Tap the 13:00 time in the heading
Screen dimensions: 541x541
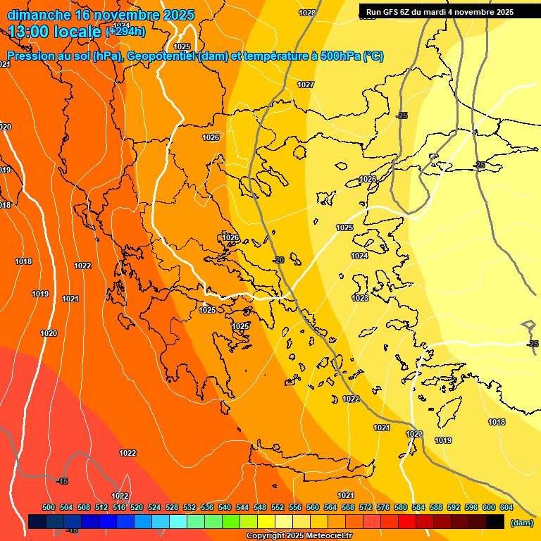[32, 31]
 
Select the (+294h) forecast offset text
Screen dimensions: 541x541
[125, 31]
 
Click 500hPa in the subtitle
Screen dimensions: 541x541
[340, 56]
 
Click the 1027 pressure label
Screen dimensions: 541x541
[306, 85]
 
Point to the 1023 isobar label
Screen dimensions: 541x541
[360, 298]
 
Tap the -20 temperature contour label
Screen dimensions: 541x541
[278, 260]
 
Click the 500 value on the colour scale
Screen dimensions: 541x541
[49, 507]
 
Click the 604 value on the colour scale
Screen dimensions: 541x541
[506, 507]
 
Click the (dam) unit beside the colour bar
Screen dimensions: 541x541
[522, 523]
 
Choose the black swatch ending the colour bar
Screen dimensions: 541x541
[495, 521]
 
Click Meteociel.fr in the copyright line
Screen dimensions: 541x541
[326, 536]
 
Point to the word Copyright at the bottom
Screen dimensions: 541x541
[266, 536]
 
